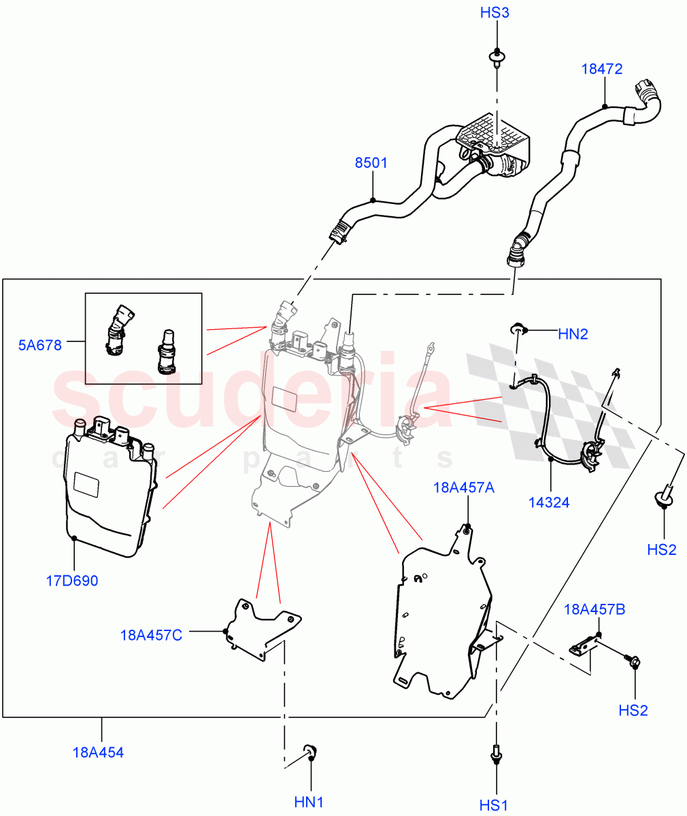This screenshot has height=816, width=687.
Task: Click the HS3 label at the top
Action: tap(495, 14)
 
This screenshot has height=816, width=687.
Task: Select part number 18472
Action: tap(601, 69)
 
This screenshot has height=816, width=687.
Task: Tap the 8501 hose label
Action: tap(371, 163)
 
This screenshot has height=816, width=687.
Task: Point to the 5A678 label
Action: tap(39, 345)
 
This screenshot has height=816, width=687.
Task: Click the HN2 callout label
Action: tap(573, 334)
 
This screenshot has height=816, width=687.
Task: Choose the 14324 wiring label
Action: tap(549, 503)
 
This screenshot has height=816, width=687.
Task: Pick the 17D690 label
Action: tap(72, 581)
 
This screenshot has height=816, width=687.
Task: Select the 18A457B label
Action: tap(594, 609)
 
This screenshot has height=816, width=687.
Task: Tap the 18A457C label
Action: tap(151, 635)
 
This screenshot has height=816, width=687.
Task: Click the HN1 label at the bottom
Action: tap(309, 802)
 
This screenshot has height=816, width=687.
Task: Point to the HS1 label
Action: tap(494, 805)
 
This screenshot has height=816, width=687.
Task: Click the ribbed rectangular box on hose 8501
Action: tap(495, 136)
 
